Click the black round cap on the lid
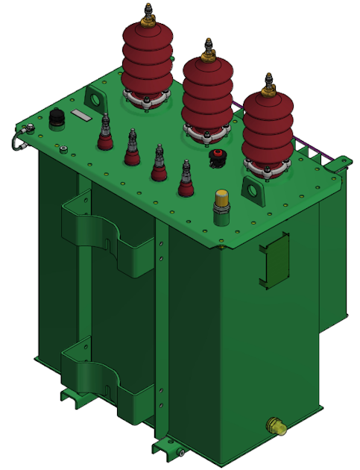[x=55, y=118]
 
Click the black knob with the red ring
[x=218, y=157]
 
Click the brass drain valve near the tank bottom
[x=277, y=427]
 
